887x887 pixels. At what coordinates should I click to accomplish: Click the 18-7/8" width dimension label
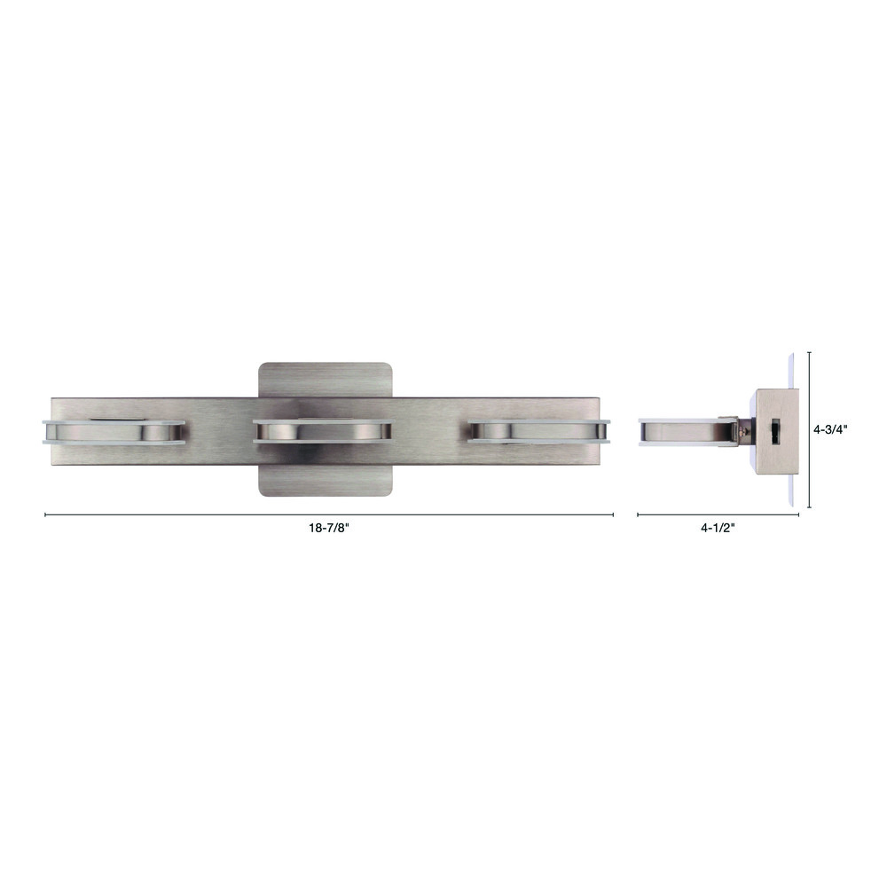click(x=329, y=528)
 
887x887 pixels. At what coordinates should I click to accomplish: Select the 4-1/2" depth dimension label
click(x=718, y=528)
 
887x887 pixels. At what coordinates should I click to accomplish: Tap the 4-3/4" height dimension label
click(x=830, y=429)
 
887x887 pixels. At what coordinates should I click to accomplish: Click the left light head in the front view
click(x=114, y=432)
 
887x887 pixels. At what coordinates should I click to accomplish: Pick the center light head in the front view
click(x=323, y=430)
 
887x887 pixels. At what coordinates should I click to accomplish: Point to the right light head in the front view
click(x=539, y=431)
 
